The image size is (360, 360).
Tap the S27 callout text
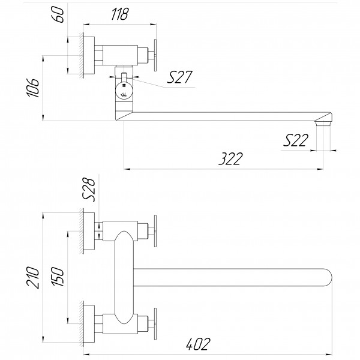point(180,77)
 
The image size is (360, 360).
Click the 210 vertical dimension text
point(35,277)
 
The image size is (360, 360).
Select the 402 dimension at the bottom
point(197,344)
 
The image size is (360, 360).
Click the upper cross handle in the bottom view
point(155,229)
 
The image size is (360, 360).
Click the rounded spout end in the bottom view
point(324,277)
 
